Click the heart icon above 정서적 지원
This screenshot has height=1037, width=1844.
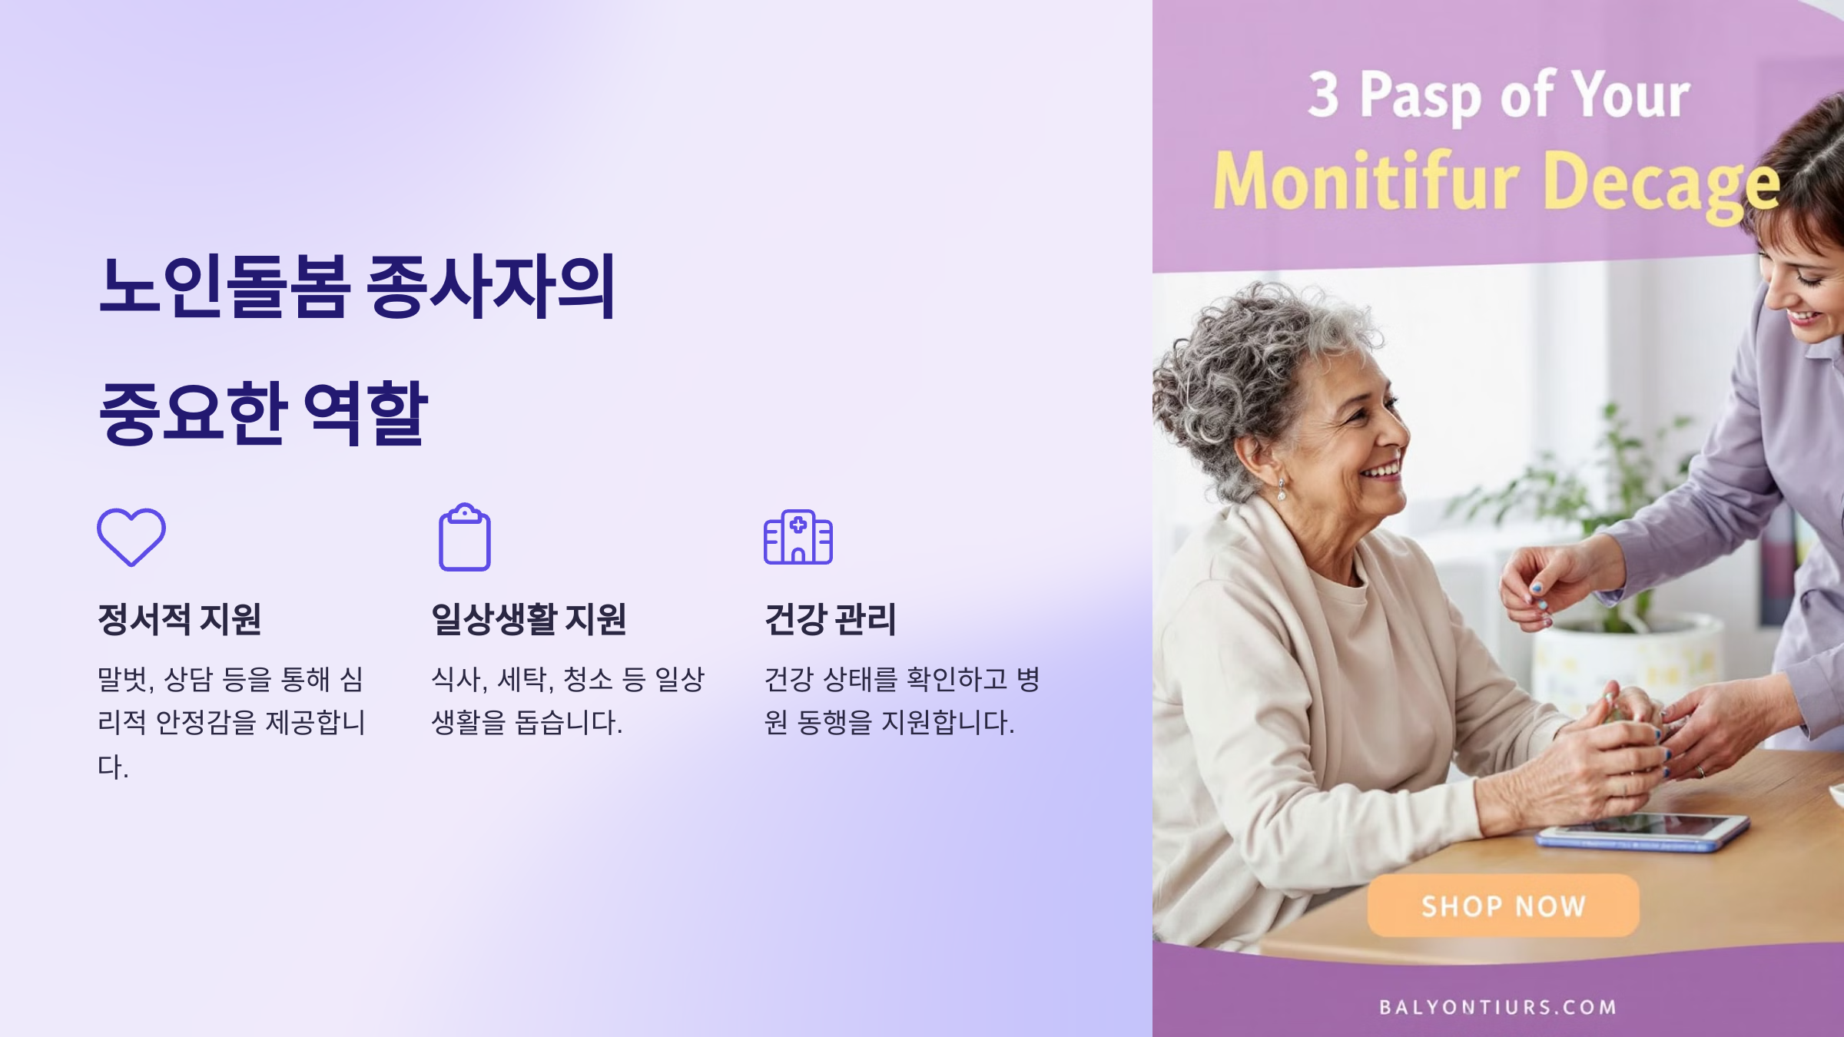pyautogui.click(x=131, y=537)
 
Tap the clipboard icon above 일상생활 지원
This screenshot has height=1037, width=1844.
pyautogui.click(x=464, y=538)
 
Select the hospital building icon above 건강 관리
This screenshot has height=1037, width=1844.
pyautogui.click(x=798, y=537)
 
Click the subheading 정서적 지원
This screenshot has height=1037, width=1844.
pyautogui.click(x=180, y=619)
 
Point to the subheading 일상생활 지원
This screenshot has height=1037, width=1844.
pyautogui.click(x=529, y=619)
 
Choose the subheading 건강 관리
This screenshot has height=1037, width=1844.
pyautogui.click(x=830, y=619)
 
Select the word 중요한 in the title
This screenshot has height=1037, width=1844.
pyautogui.click(x=193, y=413)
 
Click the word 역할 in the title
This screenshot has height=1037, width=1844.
pyautogui.click(x=366, y=413)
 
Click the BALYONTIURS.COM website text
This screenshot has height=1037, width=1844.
pyautogui.click(x=1497, y=1007)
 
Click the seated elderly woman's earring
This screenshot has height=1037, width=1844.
pyautogui.click(x=1282, y=489)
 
